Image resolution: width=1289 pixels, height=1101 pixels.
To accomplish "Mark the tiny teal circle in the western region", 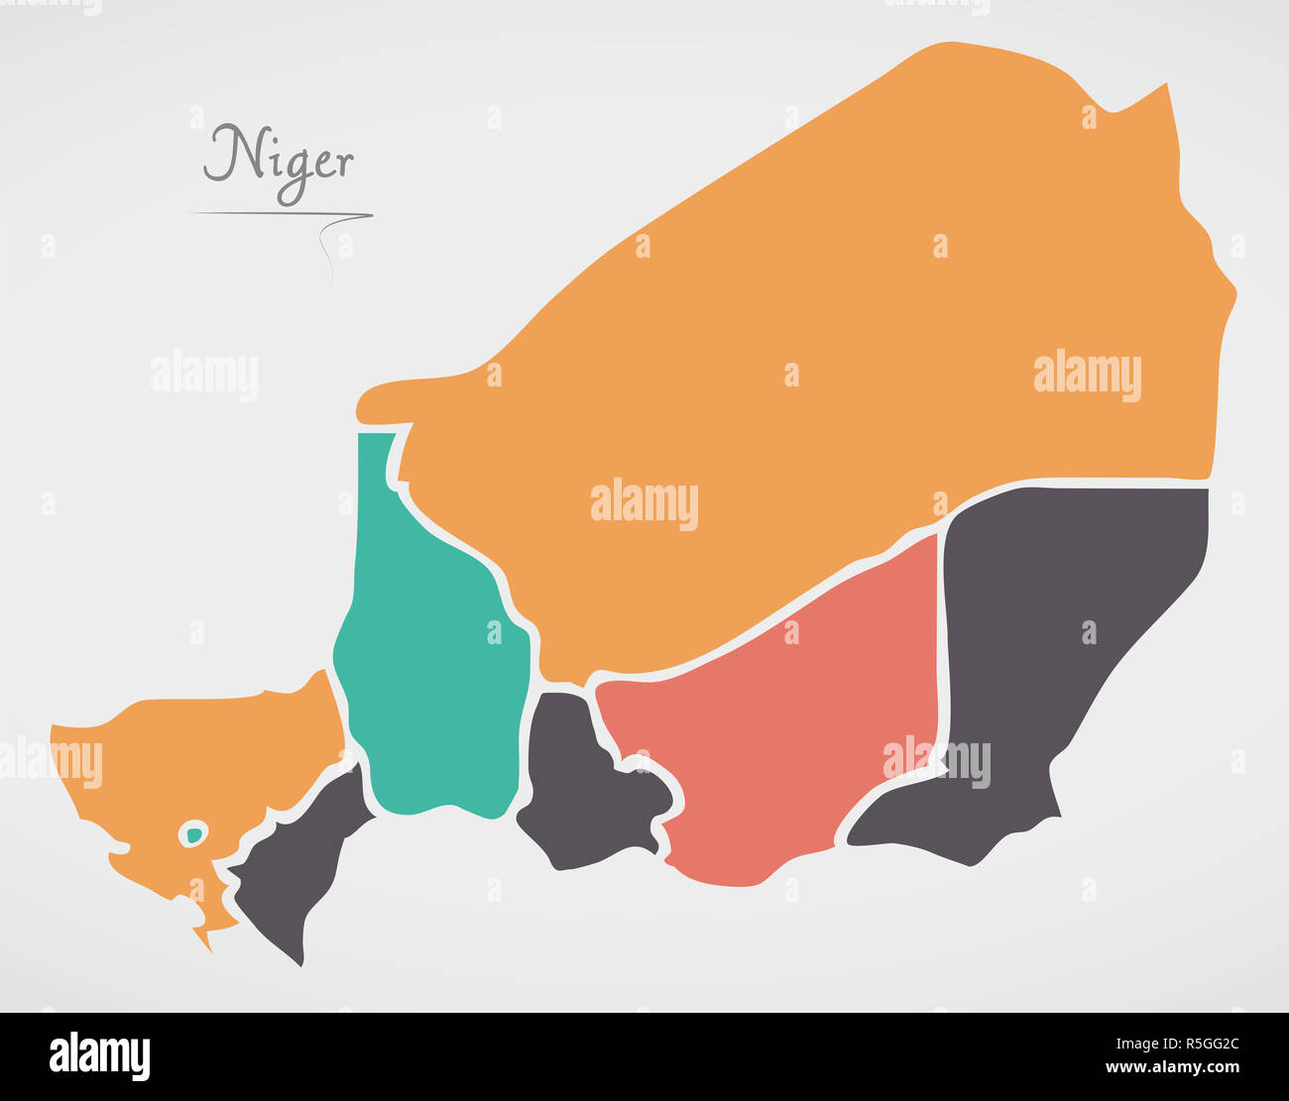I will coord(194,834).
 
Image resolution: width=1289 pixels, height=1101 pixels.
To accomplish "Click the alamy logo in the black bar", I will coord(99,1056).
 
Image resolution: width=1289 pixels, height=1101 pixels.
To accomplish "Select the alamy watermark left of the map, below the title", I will coord(203,376).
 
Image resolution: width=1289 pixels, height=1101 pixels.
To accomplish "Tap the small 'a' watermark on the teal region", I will coord(494,632).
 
